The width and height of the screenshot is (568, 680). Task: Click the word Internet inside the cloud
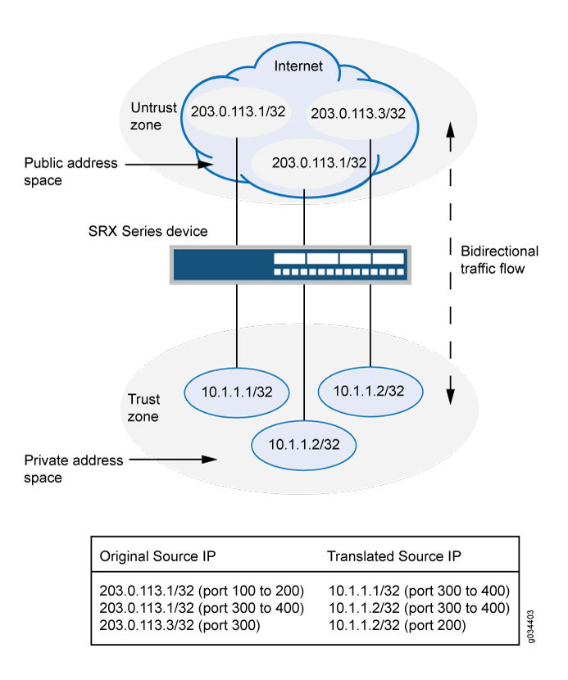(298, 66)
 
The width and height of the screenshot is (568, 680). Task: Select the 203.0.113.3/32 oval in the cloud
(357, 114)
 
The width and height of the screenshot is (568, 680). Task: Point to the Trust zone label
(143, 408)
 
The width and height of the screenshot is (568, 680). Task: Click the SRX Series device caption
(148, 231)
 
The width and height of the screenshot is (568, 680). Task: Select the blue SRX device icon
(290, 265)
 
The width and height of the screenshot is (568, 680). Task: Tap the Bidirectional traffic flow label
(499, 259)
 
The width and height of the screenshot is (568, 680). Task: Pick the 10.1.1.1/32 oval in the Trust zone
(237, 391)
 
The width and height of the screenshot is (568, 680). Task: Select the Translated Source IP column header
(393, 556)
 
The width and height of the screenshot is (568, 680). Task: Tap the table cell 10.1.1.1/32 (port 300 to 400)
(419, 590)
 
